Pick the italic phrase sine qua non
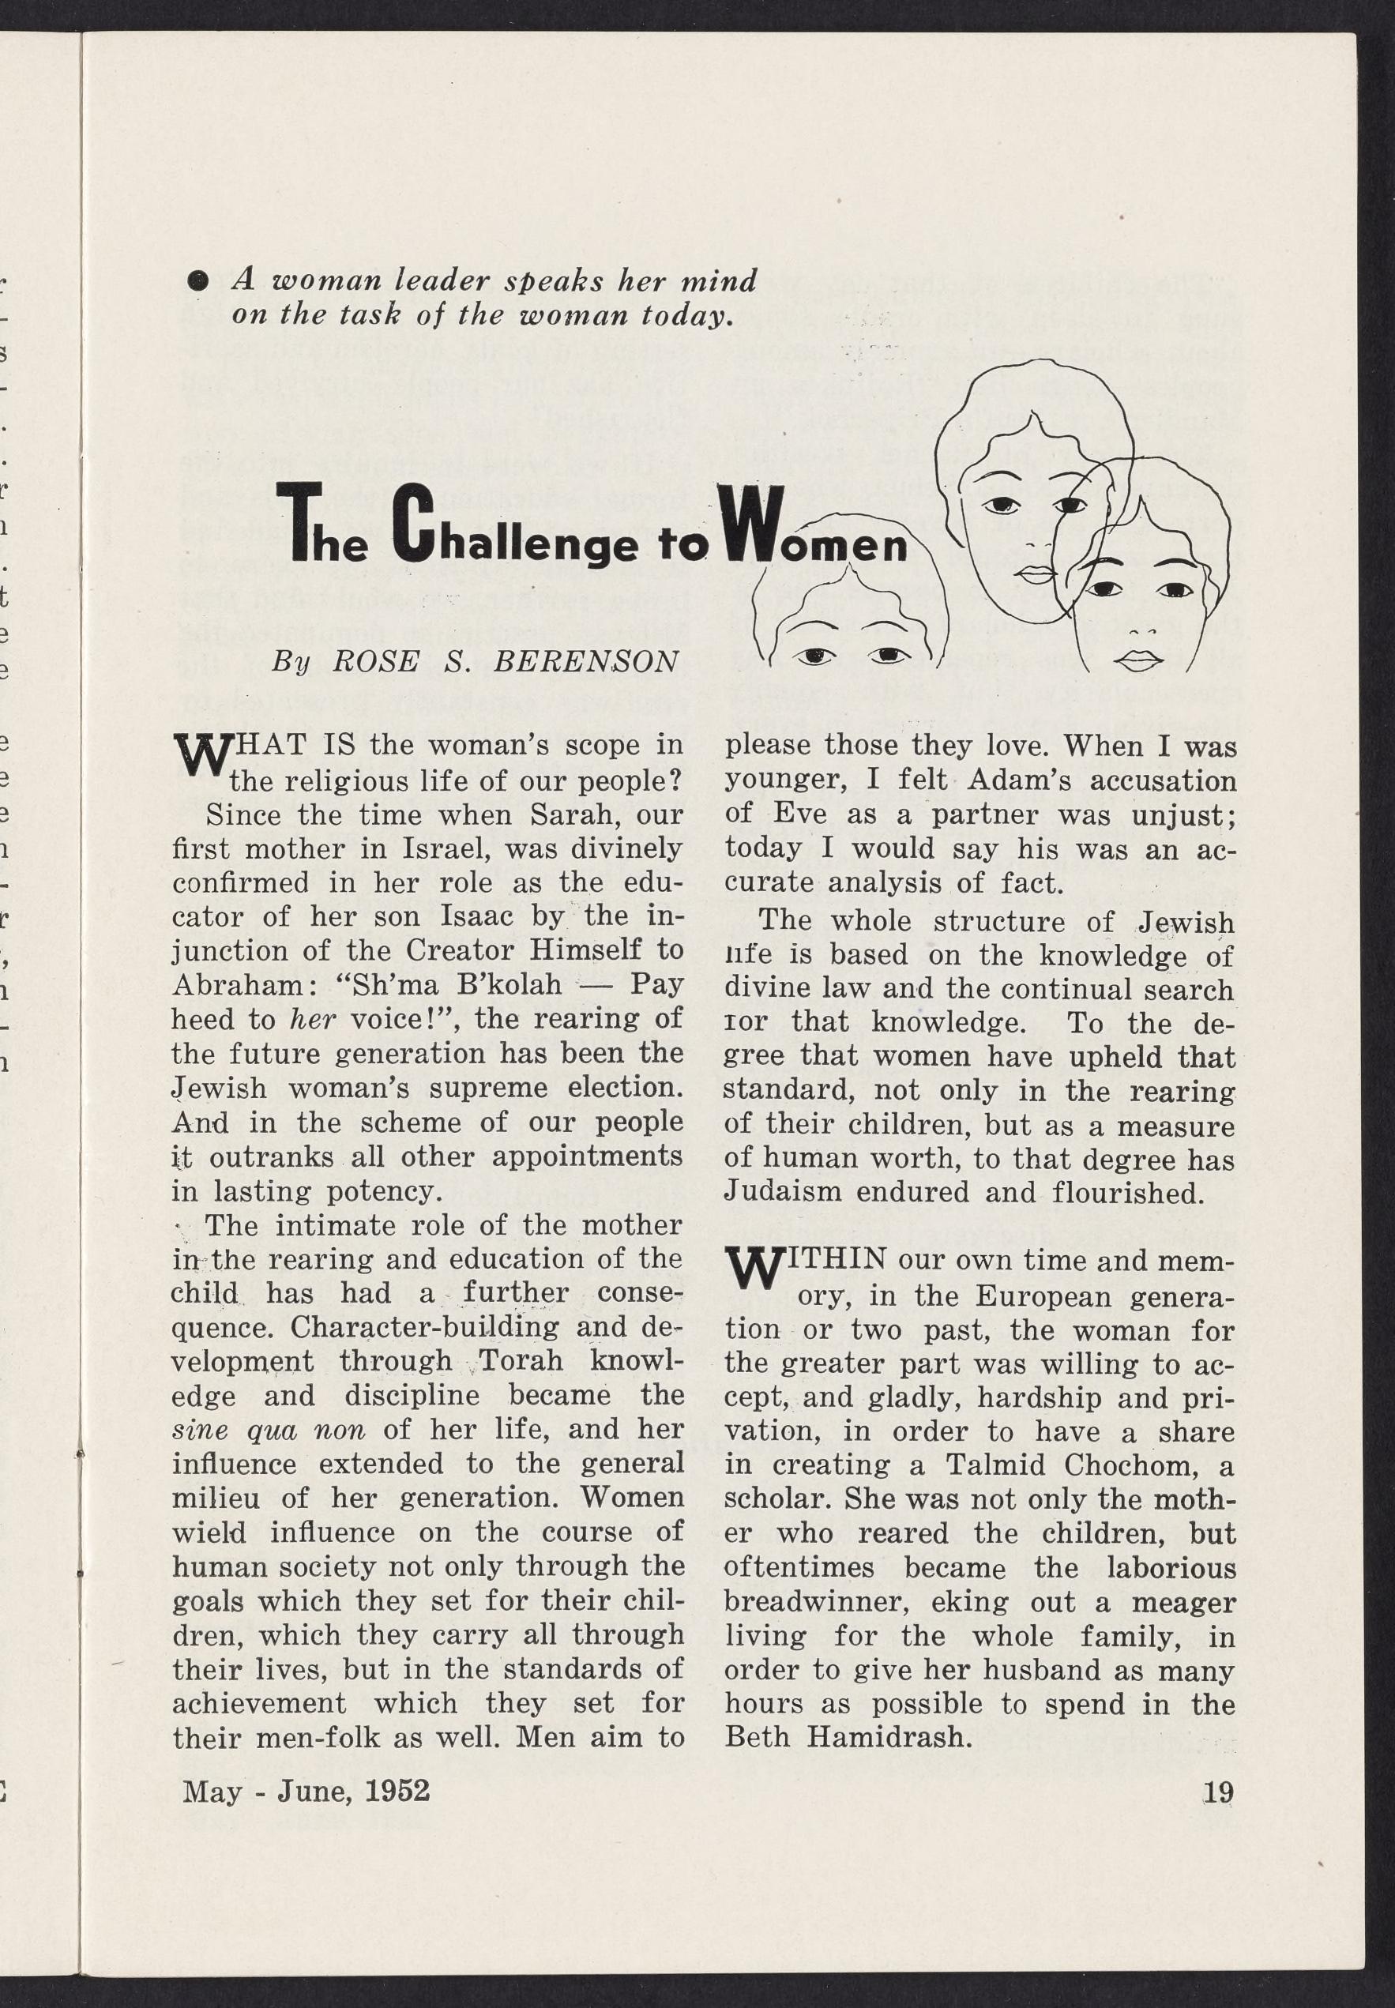pos(269,1430)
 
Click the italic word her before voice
pos(313,1020)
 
